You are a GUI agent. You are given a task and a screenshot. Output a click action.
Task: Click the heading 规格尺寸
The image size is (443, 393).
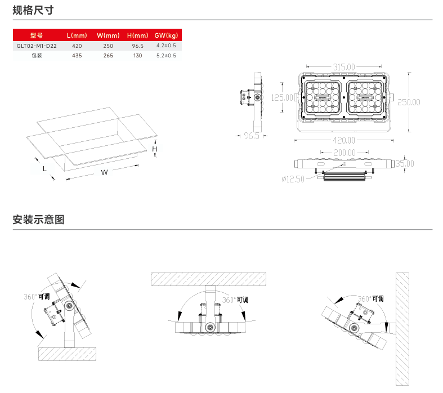click(x=33, y=10)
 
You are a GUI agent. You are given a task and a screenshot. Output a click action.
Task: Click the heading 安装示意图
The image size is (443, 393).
click(x=38, y=220)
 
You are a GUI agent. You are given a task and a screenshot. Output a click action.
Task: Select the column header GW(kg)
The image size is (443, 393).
click(x=166, y=35)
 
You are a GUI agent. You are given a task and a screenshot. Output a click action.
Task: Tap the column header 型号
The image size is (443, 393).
click(x=36, y=35)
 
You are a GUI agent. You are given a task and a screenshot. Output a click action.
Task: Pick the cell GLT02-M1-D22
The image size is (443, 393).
click(x=37, y=46)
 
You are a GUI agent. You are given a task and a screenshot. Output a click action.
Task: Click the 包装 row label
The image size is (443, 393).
click(x=37, y=56)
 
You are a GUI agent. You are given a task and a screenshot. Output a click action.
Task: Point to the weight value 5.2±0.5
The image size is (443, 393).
click(x=166, y=56)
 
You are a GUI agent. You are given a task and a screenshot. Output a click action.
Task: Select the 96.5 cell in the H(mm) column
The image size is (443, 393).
click(x=137, y=46)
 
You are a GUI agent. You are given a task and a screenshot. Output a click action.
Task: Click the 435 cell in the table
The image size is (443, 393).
click(x=77, y=56)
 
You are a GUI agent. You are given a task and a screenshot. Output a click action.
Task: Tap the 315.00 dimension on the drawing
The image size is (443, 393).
click(x=343, y=67)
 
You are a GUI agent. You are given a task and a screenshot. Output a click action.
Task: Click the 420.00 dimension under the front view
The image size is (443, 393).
click(x=343, y=140)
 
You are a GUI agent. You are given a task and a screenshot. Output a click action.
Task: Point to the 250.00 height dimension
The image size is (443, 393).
click(x=409, y=102)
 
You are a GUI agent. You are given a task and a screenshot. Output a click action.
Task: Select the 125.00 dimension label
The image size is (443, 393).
click(x=283, y=97)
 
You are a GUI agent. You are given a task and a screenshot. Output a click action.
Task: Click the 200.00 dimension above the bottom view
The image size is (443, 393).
click(x=344, y=153)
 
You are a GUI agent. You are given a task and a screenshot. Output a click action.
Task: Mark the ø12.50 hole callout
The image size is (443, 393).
click(x=293, y=179)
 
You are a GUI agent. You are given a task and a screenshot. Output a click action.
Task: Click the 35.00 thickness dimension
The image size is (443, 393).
click(x=404, y=164)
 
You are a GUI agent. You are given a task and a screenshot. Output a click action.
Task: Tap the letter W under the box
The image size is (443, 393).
click(x=104, y=172)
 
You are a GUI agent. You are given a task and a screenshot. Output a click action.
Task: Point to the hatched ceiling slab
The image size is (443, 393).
click(x=208, y=279)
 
